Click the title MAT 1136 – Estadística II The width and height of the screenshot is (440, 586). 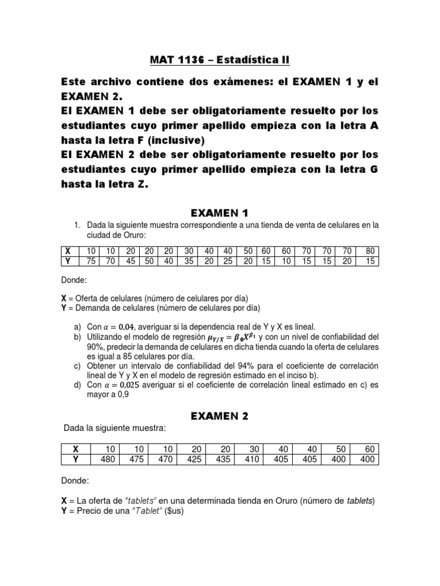point(220,60)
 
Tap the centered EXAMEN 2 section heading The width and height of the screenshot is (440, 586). point(220,416)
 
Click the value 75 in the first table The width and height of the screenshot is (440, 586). point(91,262)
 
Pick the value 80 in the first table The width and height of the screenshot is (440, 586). point(371,251)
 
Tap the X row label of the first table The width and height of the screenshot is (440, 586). point(68,251)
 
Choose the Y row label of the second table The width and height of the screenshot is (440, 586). point(75,458)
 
